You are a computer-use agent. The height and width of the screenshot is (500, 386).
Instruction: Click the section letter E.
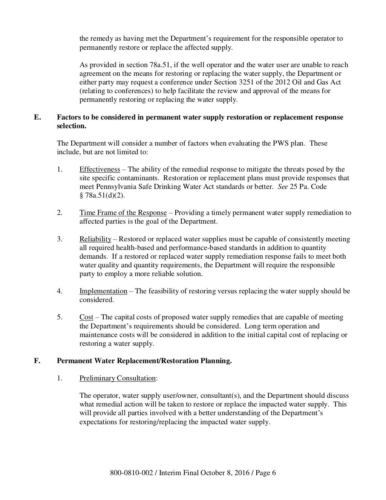click(37, 117)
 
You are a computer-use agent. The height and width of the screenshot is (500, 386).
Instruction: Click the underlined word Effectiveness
click(100, 169)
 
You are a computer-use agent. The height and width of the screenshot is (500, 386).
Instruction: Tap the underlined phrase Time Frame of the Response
click(123, 213)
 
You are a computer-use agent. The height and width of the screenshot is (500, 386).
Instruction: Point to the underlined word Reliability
click(95, 239)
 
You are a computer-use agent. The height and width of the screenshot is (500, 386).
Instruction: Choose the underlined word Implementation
click(103, 291)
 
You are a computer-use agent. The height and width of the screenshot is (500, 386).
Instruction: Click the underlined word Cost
click(86, 317)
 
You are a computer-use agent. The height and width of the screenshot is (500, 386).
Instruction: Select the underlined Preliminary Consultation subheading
click(118, 378)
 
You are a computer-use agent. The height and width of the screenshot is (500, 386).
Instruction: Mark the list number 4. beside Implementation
click(60, 291)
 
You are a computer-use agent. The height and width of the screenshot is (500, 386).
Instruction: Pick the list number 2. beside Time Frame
click(60, 213)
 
